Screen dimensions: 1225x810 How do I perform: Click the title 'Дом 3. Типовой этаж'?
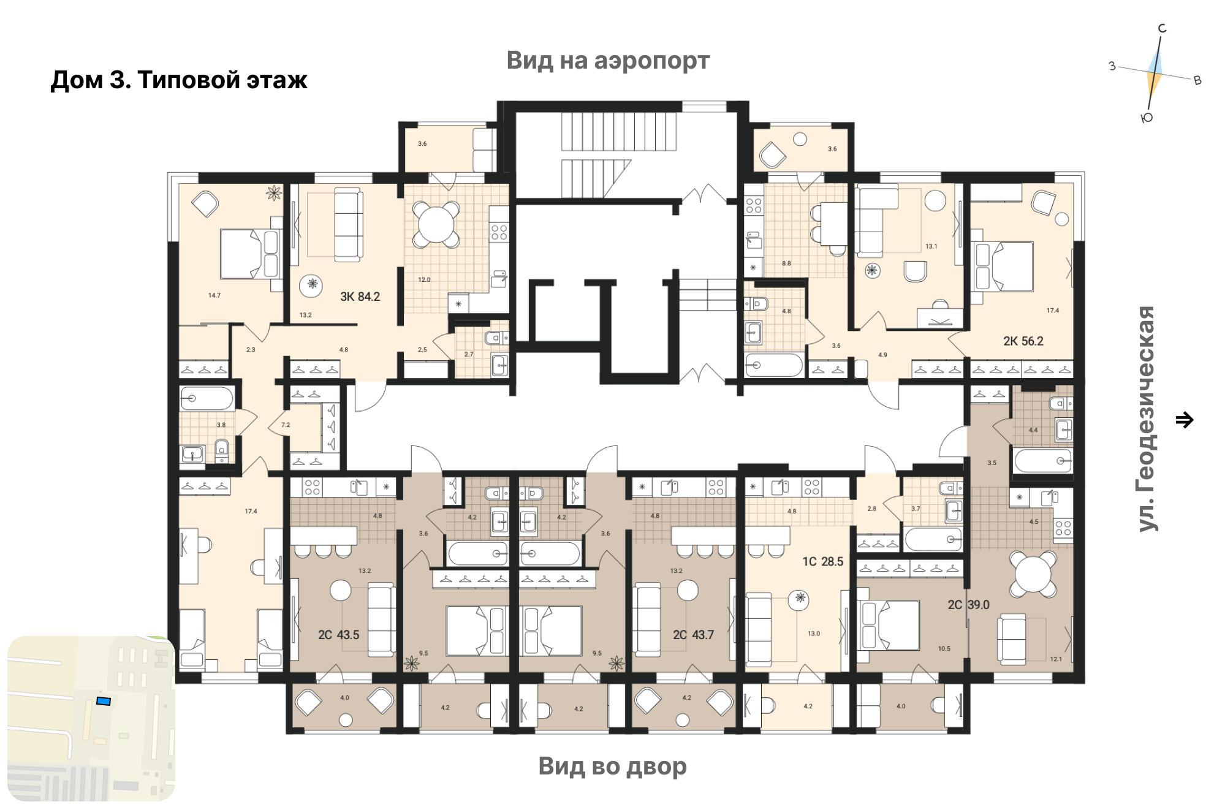click(179, 80)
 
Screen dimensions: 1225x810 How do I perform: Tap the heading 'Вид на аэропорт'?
click(608, 61)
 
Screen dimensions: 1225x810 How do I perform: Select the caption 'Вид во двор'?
click(612, 766)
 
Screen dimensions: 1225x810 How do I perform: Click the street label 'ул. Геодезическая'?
click(1146, 419)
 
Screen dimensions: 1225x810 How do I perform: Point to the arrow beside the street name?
click(1185, 420)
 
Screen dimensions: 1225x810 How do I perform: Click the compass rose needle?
click(1154, 74)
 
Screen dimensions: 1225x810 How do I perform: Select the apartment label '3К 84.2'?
click(360, 297)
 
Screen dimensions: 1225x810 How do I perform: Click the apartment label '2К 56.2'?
click(1023, 341)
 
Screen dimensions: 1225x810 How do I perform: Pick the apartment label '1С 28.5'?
click(823, 561)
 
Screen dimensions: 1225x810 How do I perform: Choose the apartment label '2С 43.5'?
click(338, 635)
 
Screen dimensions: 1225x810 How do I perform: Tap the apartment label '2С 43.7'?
click(693, 635)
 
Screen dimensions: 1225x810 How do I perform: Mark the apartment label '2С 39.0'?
click(969, 605)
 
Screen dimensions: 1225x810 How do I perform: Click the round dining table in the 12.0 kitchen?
click(436, 224)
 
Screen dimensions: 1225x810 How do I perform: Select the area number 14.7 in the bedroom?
click(214, 295)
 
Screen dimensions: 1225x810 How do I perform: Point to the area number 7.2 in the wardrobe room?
click(286, 425)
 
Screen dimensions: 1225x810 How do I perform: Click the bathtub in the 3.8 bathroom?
click(207, 398)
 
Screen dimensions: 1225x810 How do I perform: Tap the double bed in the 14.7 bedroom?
click(251, 254)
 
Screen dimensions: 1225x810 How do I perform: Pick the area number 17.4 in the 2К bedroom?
click(1053, 311)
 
